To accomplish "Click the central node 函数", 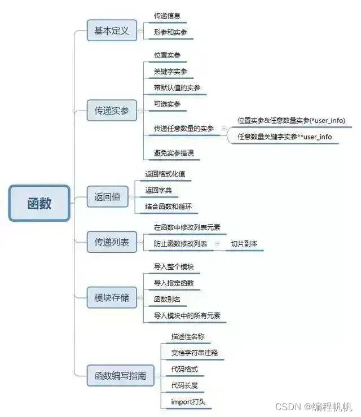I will (39, 203).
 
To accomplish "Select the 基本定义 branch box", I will (111, 30).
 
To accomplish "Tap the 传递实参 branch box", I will (111, 111).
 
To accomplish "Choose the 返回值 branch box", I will (107, 197).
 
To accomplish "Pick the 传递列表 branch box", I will (111, 242).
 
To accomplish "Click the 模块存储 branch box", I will (111, 297).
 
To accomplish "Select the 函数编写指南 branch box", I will (120, 375).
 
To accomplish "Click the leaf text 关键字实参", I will (170, 72).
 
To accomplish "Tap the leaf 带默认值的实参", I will (177, 88).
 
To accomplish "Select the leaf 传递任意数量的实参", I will (184, 129).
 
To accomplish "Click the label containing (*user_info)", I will (291, 120).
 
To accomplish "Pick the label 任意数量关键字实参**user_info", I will (284, 137).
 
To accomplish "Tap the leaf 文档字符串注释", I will (194, 353).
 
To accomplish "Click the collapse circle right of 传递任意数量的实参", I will (224, 129).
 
